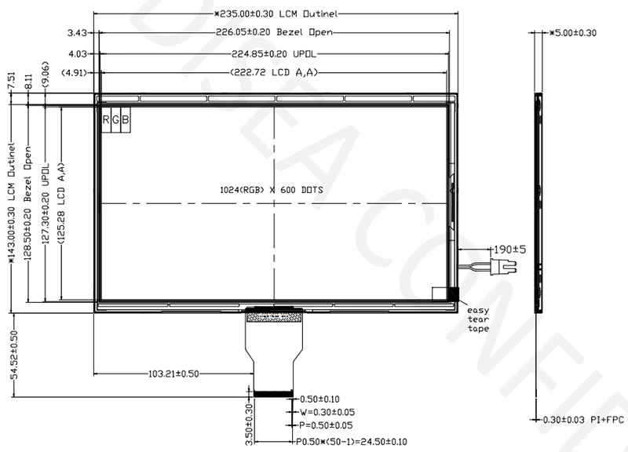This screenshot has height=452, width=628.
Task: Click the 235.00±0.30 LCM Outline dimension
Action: [x=276, y=14]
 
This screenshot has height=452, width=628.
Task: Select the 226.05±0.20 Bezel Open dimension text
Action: [x=274, y=32]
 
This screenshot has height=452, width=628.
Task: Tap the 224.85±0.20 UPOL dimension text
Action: [x=274, y=53]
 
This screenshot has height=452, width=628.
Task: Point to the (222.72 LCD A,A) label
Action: [x=274, y=72]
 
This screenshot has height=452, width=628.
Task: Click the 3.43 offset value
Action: [x=77, y=32]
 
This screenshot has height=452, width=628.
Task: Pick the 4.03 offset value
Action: [x=78, y=53]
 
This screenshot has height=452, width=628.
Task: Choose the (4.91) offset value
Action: [x=74, y=73]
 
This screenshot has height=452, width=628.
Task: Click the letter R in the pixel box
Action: [x=106, y=119]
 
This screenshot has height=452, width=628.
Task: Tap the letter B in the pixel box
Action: [x=126, y=119]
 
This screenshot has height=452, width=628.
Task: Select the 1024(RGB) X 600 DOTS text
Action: [x=272, y=190]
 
